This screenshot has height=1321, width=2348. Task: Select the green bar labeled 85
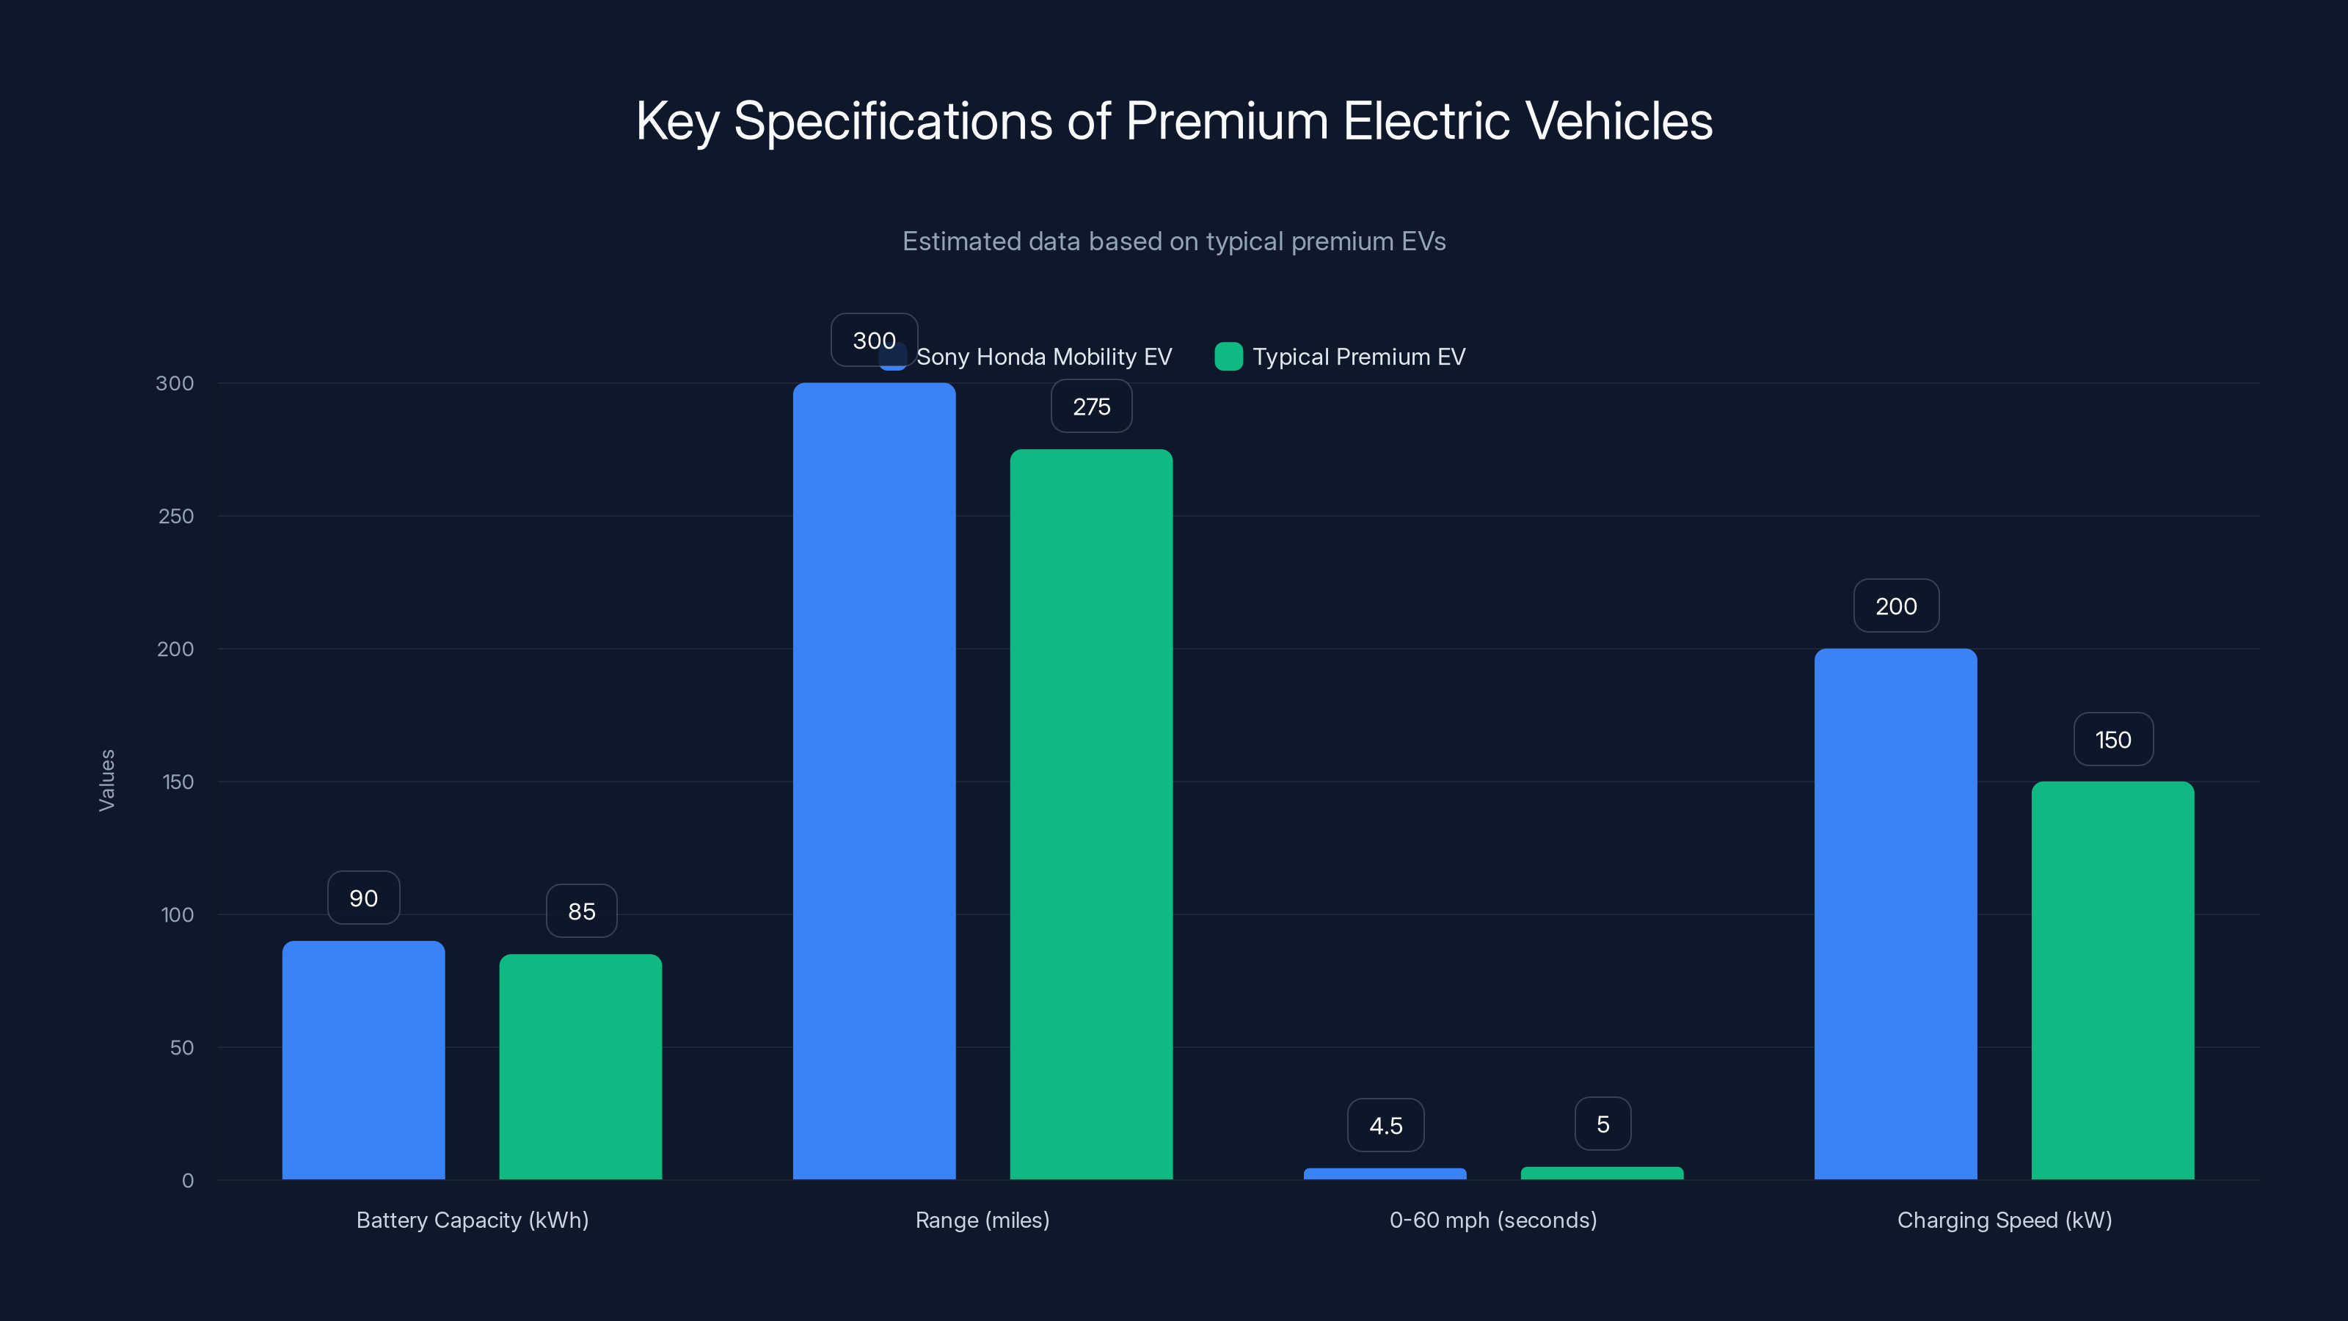tap(580, 1066)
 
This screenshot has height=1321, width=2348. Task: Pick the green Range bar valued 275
tap(1091, 813)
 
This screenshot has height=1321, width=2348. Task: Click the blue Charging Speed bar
tap(1895, 914)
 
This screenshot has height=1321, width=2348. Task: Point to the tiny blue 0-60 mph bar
tap(1385, 1173)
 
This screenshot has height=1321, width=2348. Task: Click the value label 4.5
tap(1385, 1125)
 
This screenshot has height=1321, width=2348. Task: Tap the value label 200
tap(1896, 605)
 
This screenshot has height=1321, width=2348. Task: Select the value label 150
tap(2113, 738)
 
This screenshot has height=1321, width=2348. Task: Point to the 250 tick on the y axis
tap(175, 516)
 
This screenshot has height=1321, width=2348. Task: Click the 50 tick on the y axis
tap(181, 1047)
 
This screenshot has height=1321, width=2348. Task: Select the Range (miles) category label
tap(982, 1220)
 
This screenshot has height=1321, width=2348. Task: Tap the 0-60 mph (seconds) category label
tap(1493, 1220)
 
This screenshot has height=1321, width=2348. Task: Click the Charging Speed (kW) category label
tap(2005, 1220)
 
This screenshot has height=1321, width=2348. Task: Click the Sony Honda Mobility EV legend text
tap(1043, 357)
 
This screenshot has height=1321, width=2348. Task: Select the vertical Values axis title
tap(106, 780)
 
